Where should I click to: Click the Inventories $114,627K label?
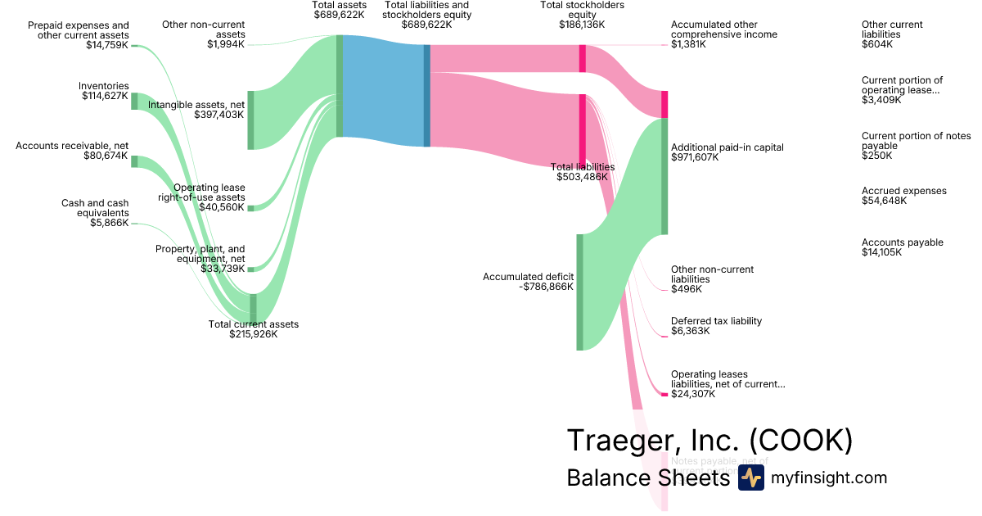(105, 91)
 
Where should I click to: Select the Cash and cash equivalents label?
(95, 212)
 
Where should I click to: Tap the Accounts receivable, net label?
(72, 151)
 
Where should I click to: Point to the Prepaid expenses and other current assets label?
(78, 35)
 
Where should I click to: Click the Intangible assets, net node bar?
(250, 120)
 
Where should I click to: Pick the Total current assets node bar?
(253, 308)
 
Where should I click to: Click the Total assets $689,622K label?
(339, 10)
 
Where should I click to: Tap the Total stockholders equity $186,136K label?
(582, 15)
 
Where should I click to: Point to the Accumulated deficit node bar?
(579, 292)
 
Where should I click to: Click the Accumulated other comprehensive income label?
(723, 34)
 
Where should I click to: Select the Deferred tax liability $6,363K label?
(716, 326)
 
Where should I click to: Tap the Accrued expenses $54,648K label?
(903, 196)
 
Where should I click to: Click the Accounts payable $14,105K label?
(902, 247)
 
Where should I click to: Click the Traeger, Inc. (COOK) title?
(709, 441)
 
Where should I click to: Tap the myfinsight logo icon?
(750, 478)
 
